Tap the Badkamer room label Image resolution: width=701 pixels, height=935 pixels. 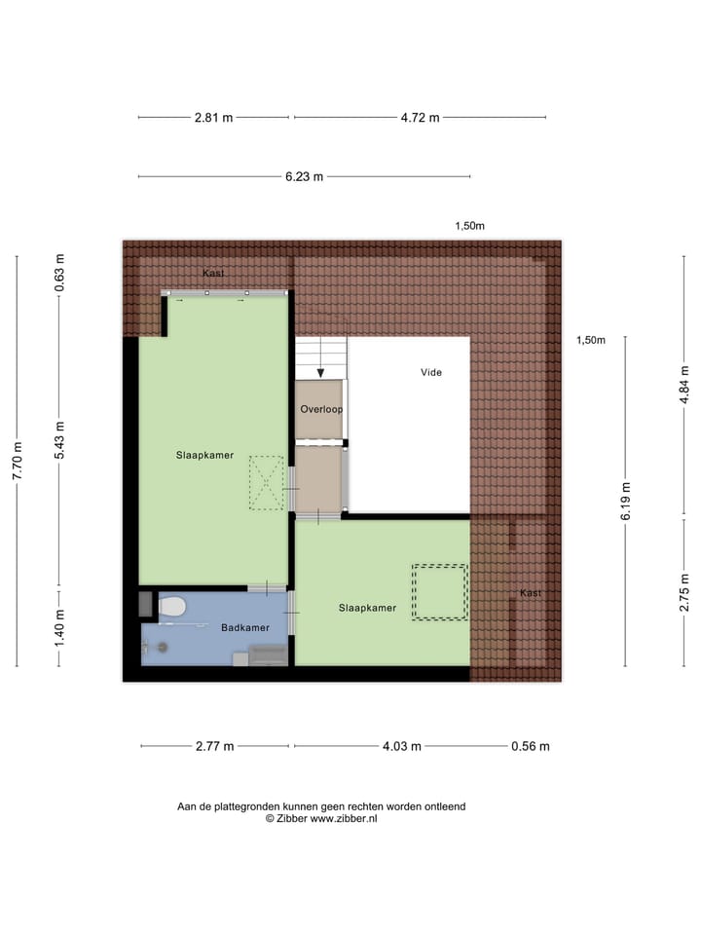point(244,628)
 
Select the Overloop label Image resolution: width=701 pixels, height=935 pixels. point(321,409)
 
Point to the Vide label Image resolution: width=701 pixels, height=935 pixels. point(431,372)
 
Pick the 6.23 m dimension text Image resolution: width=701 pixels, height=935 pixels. point(304,177)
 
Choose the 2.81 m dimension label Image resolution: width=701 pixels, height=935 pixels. point(214,118)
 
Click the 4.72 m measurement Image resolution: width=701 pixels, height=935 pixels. point(421,118)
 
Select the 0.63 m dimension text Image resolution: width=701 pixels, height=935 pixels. point(60,274)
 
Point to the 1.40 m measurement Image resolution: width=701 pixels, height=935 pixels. point(60,628)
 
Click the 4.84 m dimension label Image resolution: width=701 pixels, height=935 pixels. point(684,384)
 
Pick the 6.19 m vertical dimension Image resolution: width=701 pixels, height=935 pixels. point(625,503)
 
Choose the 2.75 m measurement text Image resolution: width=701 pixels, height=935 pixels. point(684,592)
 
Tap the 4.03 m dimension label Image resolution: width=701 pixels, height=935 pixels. point(401,747)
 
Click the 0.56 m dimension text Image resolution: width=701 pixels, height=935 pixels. point(531,747)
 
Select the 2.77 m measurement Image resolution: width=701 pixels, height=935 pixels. point(214,747)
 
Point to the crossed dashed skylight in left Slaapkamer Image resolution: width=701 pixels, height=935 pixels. point(265,483)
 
